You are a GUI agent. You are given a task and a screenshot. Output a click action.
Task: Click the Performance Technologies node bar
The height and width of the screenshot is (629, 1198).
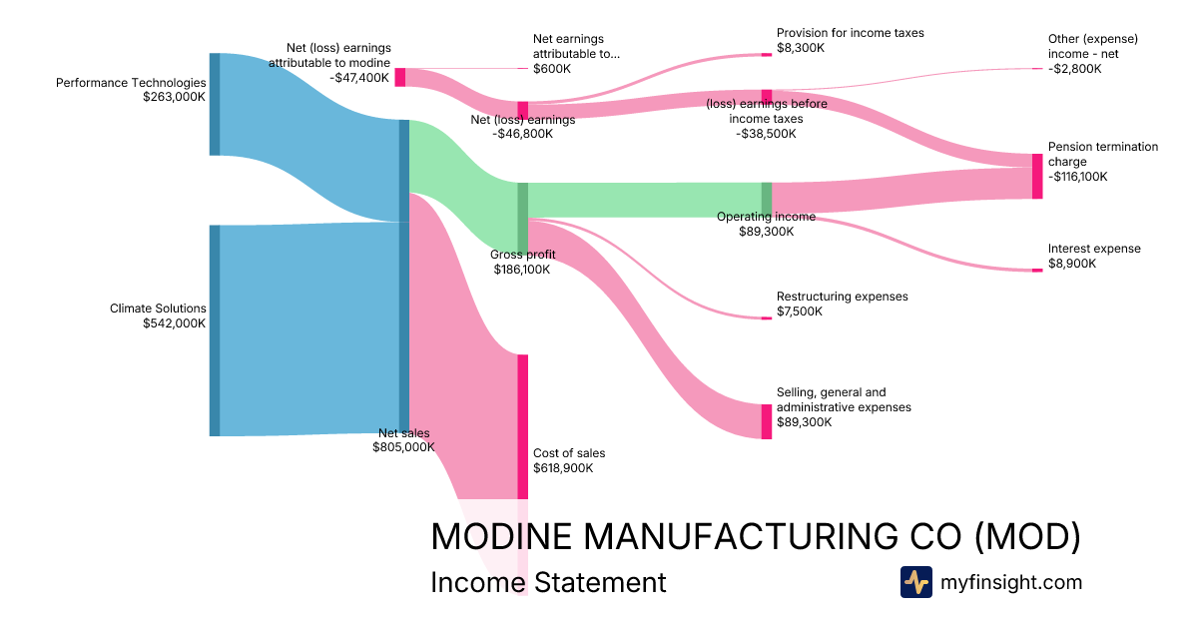coord(214,104)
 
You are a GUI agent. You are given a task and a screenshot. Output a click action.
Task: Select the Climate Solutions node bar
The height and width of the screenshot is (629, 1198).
coord(214,330)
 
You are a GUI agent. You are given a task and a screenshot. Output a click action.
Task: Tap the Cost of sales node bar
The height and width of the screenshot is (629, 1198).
coord(522,426)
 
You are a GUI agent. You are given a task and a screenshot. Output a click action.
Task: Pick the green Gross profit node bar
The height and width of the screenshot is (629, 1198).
coord(522,217)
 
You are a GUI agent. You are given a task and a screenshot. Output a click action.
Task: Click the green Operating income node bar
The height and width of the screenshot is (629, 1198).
coord(767,199)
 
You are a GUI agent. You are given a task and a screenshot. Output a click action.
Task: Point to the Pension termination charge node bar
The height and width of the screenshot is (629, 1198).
coord(1036,177)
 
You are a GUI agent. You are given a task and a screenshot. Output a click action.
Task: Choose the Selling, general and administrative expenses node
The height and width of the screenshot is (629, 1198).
coord(767,421)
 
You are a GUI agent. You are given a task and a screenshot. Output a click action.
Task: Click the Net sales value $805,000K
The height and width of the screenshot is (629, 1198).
coord(404,447)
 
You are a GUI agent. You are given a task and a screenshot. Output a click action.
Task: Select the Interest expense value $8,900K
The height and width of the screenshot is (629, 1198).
coord(1072,264)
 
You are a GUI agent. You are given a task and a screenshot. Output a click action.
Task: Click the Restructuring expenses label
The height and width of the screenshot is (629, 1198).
coord(843,297)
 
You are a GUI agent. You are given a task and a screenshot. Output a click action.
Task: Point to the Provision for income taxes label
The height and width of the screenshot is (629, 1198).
coord(851,33)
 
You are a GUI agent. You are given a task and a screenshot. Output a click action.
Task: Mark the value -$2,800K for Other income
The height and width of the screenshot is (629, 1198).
coord(1074,69)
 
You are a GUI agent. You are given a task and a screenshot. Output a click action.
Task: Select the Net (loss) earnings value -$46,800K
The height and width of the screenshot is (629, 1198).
coord(522,134)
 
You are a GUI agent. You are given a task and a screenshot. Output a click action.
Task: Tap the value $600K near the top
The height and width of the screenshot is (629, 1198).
coord(552,69)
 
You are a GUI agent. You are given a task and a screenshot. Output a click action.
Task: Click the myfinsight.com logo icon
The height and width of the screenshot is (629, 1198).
coord(915,582)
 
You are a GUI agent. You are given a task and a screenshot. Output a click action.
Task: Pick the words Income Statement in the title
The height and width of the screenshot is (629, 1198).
coord(548,582)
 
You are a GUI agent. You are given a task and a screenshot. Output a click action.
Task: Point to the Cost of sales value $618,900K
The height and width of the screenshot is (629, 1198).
coord(563,467)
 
